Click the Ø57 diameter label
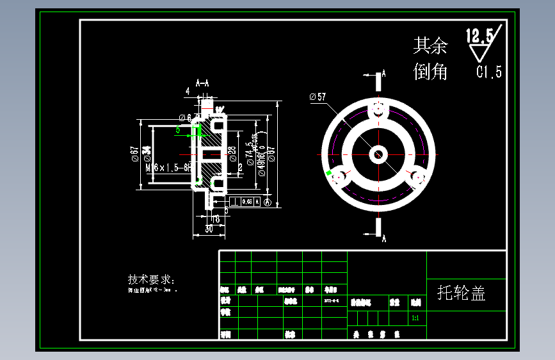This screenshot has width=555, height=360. [x=318, y=97]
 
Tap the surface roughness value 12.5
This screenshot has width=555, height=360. [x=479, y=36]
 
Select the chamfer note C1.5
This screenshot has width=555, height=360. [x=489, y=72]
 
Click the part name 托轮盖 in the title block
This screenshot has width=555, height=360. [x=461, y=293]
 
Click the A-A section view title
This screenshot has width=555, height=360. [x=202, y=83]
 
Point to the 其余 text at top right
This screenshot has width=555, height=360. [x=430, y=45]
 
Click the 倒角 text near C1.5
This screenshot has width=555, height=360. [x=430, y=72]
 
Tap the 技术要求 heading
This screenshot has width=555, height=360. [x=150, y=280]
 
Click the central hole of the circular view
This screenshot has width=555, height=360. [x=378, y=154]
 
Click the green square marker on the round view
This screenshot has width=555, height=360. [x=329, y=173]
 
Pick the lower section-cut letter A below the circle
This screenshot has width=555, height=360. [x=384, y=239]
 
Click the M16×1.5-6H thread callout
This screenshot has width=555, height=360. [x=168, y=167]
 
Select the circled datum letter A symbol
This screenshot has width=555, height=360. [x=268, y=202]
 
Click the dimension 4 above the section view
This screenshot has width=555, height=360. [x=188, y=91]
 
